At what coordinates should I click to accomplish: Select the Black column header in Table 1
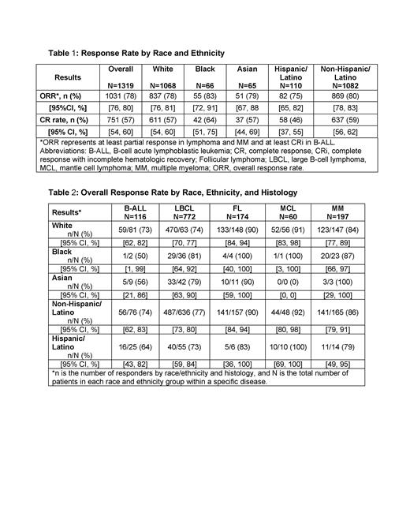205,69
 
